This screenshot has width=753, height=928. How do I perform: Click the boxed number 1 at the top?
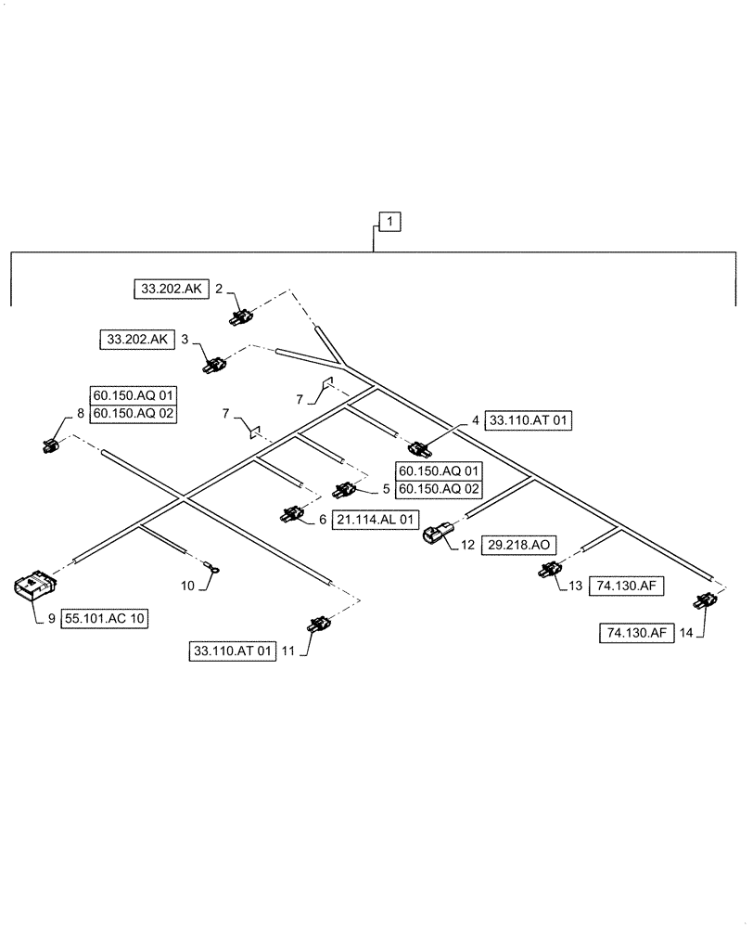(391, 223)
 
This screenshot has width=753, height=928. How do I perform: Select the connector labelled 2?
(241, 317)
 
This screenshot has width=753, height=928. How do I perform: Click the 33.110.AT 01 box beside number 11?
(231, 652)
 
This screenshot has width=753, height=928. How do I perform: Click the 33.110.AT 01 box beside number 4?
(529, 420)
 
